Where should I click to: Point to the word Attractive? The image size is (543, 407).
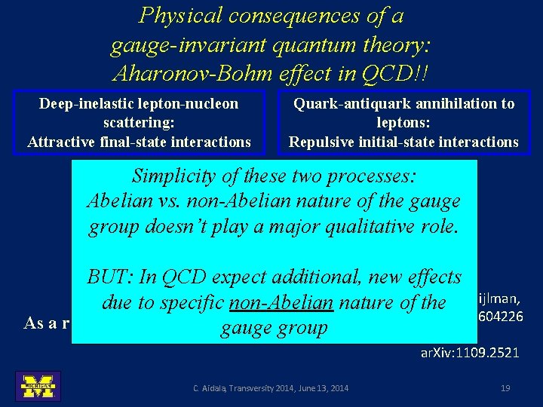[x=63, y=142]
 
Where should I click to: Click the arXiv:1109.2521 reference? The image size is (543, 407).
[x=468, y=353]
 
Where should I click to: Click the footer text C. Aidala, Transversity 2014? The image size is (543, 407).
[x=269, y=388]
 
